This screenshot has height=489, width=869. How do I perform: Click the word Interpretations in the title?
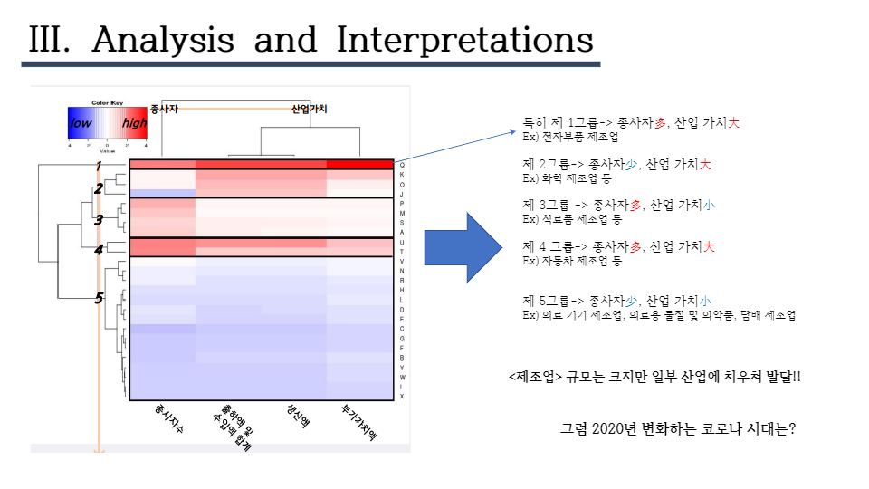tap(464, 41)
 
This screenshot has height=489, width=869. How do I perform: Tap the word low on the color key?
tap(81, 122)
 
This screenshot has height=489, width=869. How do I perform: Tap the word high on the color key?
tap(134, 122)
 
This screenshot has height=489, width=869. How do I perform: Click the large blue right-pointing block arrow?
tap(463, 247)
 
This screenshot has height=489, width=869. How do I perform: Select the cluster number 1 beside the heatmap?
tap(98, 166)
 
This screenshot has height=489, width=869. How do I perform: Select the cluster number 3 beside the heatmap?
tap(99, 218)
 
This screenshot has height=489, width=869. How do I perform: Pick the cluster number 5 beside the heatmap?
tap(99, 298)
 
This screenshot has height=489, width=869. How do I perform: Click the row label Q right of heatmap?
tap(402, 165)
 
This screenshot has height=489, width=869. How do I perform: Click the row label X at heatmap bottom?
tap(402, 396)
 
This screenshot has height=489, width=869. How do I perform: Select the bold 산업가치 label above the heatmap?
tap(309, 109)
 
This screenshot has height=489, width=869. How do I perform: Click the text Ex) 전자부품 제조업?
tap(570, 137)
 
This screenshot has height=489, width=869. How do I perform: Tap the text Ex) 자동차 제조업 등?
tap(572, 261)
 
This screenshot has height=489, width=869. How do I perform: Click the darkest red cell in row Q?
tap(359, 165)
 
